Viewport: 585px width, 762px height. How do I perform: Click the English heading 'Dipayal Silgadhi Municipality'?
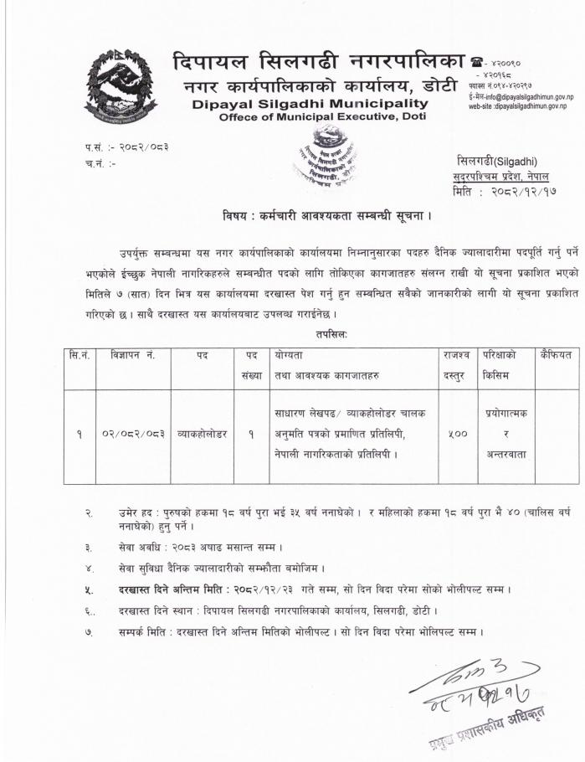(x=309, y=104)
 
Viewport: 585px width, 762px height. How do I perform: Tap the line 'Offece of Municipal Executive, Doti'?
(x=322, y=117)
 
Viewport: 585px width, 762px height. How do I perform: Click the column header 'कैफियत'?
(x=556, y=355)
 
